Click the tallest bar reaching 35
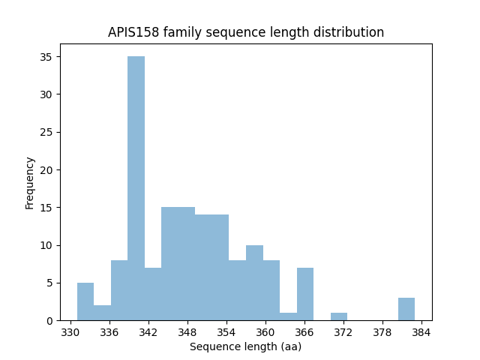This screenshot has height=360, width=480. [x=136, y=188]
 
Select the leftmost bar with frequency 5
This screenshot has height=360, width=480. [x=85, y=301]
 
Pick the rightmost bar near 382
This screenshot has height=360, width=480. [x=406, y=309]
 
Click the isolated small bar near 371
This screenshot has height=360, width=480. [x=339, y=316]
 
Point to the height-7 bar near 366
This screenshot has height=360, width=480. [x=305, y=294]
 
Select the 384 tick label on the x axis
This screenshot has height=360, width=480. [x=421, y=331]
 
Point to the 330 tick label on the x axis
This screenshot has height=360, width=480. [x=70, y=331]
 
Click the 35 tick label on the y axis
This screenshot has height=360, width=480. [x=45, y=57]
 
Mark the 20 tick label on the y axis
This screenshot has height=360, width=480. [x=45, y=170]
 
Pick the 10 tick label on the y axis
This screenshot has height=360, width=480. [x=45, y=245]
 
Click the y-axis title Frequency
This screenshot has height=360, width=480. [x=30, y=182]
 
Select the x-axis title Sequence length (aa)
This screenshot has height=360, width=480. [x=245, y=346]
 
